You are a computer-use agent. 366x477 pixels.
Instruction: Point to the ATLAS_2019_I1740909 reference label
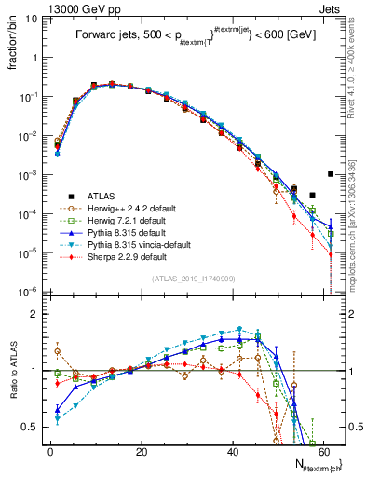click(x=193, y=279)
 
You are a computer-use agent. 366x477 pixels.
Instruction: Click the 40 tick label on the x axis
click(x=231, y=451)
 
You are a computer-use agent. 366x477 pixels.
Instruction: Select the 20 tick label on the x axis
click(x=141, y=451)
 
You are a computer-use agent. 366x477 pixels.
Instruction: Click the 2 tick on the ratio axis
click(x=38, y=314)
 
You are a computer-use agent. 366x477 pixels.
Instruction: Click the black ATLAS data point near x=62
click(x=331, y=174)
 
